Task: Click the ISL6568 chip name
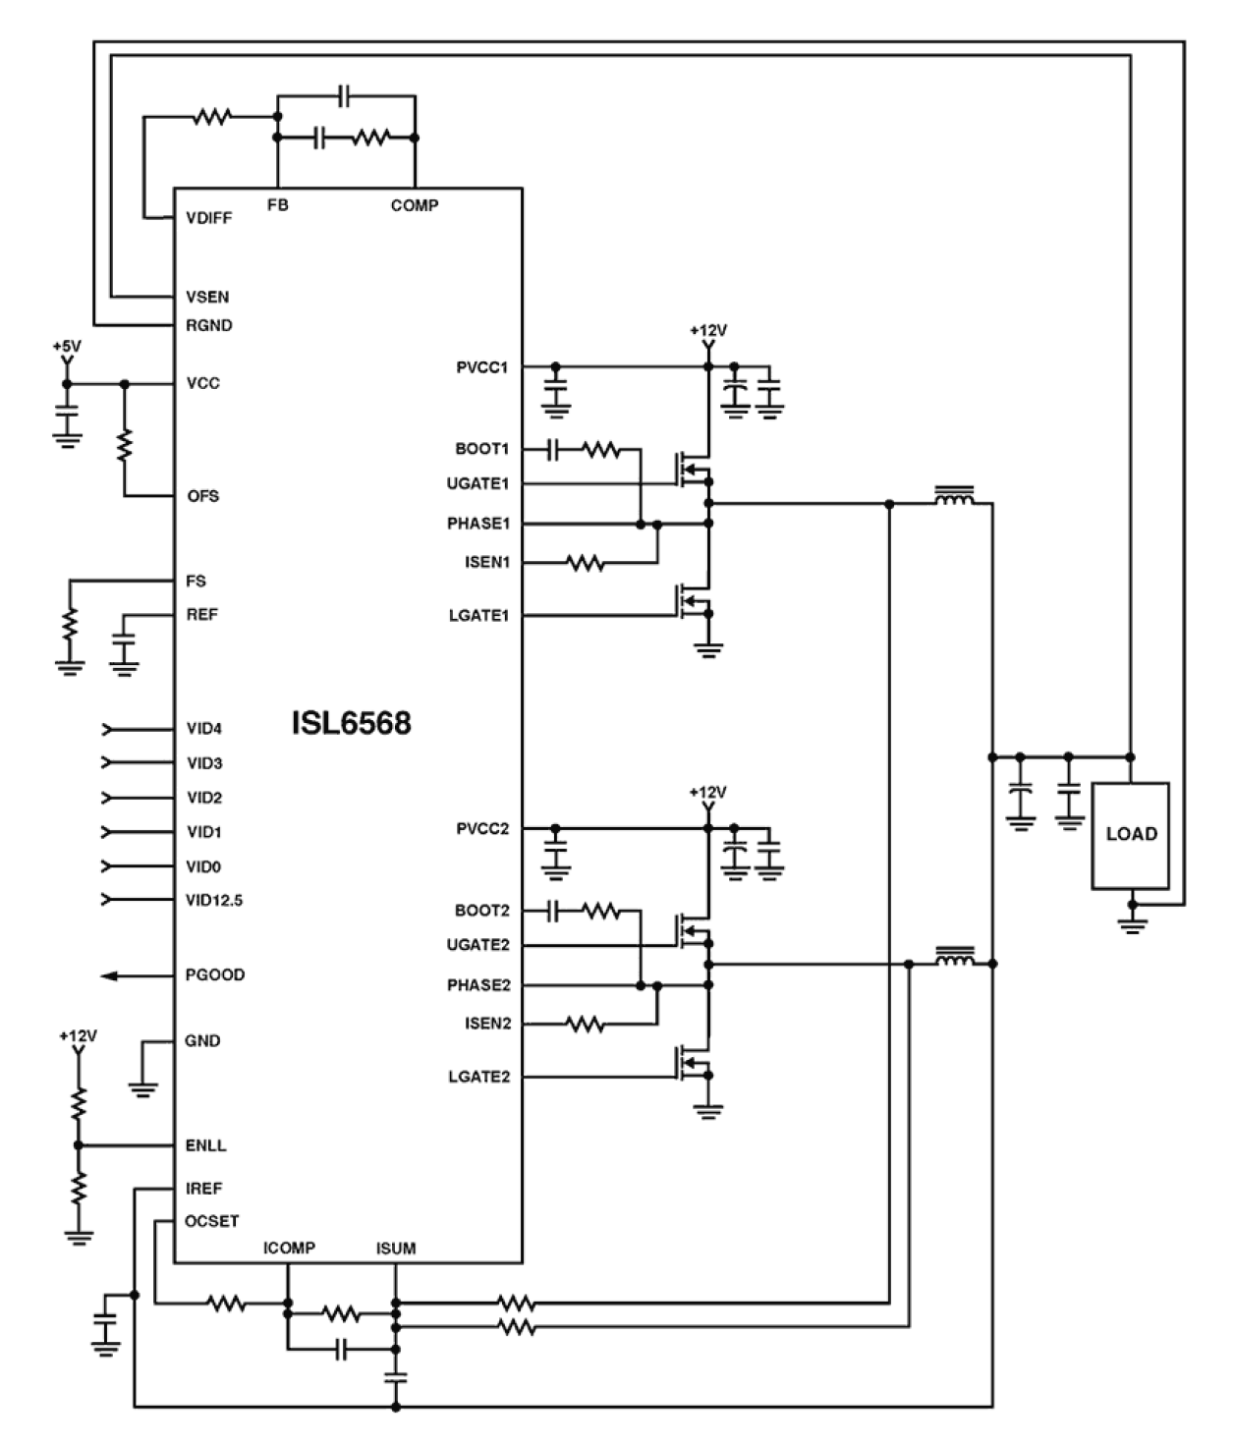coord(351,724)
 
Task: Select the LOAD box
coord(1131,835)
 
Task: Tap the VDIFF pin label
coord(208,218)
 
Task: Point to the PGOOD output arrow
coord(110,975)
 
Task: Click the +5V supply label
coord(67,347)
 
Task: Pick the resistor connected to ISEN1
coord(585,563)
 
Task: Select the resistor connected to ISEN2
coord(585,1025)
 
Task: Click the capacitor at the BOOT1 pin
coord(553,450)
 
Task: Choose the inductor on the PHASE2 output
coord(953,958)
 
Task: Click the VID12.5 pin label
coord(214,900)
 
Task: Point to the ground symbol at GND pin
coord(143,1087)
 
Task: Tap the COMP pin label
coord(415,205)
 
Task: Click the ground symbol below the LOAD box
coord(1133,924)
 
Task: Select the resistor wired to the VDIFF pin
coord(211,118)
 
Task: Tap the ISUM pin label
coord(395,1249)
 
